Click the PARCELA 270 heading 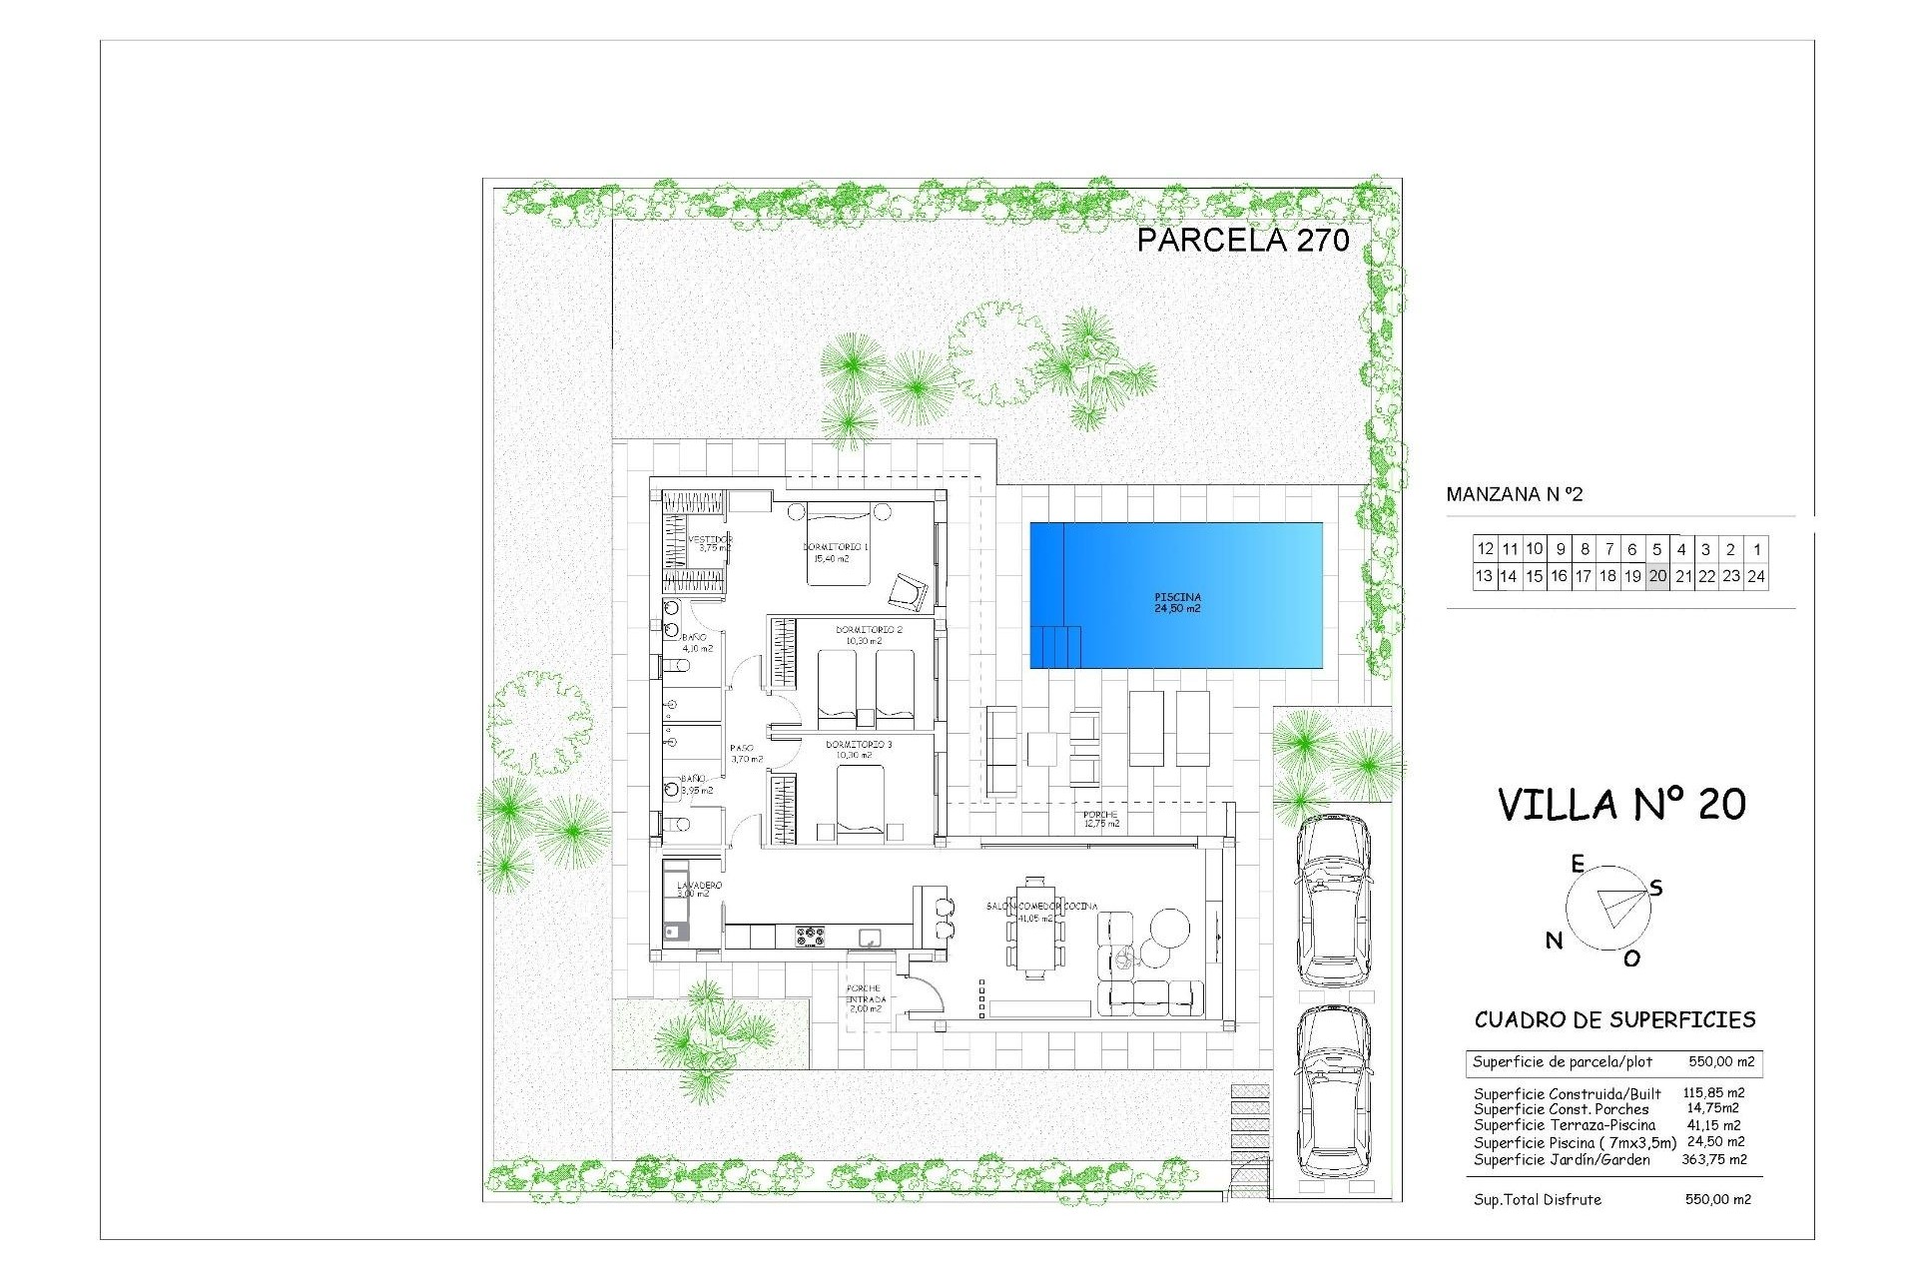pos(1243,240)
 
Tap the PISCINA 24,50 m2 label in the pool pos(1177,603)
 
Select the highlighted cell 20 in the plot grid pos(1657,576)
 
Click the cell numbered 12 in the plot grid pos(1485,549)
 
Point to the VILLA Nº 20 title pos(1621,804)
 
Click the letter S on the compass pos(1656,888)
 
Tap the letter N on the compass pos(1554,940)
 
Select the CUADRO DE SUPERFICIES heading pos(1614,1019)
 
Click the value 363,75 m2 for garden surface pos(1716,1159)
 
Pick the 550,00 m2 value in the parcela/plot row pos(1721,1062)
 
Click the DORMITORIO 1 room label pos(836,547)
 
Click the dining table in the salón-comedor pos(1035,929)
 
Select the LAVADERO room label pos(699,886)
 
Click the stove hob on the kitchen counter pos(810,937)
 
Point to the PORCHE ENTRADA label pos(864,998)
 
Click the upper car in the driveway pos(1333,899)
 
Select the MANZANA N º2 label pos(1515,494)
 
